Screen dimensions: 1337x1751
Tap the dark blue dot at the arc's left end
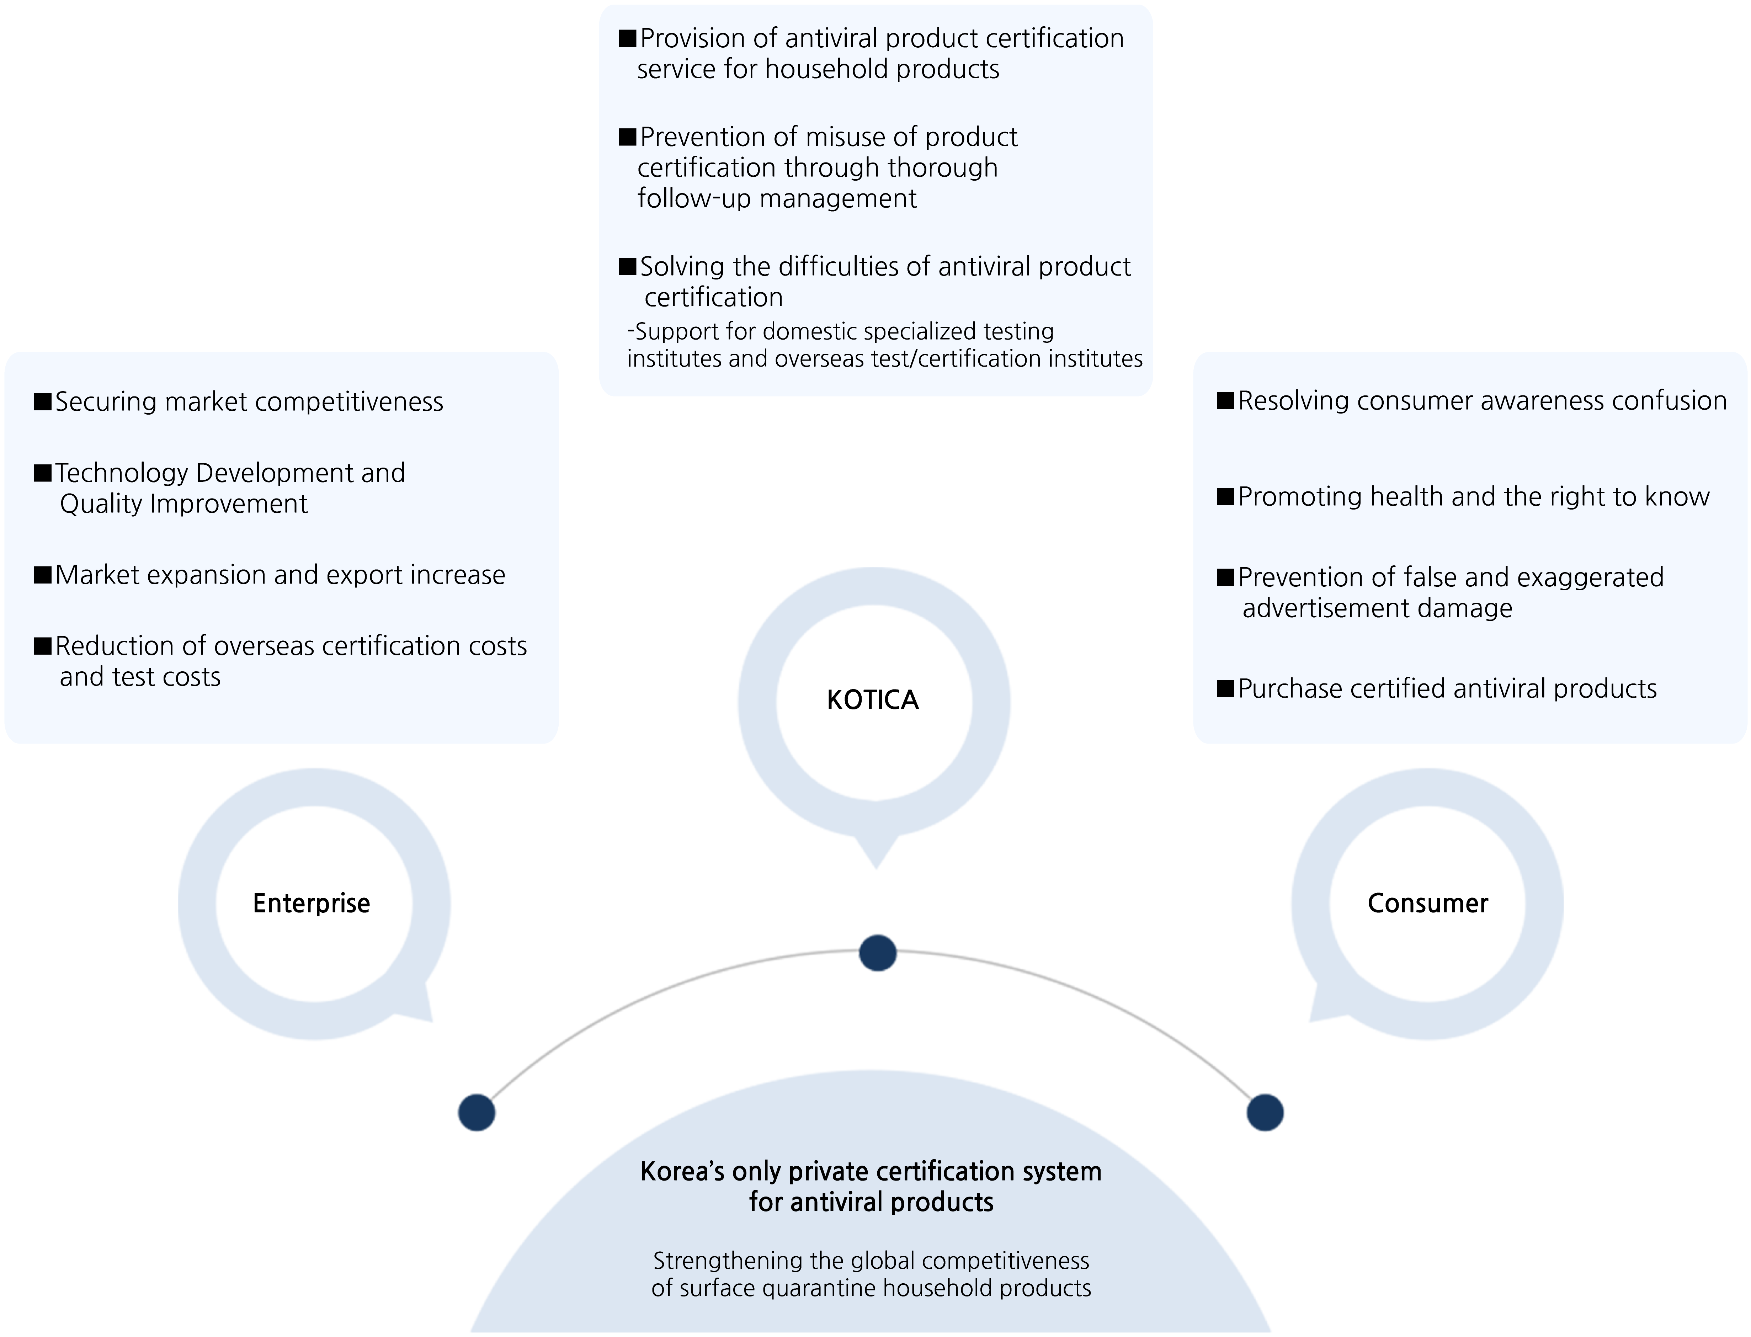coord(477,1112)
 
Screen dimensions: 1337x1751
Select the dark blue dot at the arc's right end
coord(1265,1112)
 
